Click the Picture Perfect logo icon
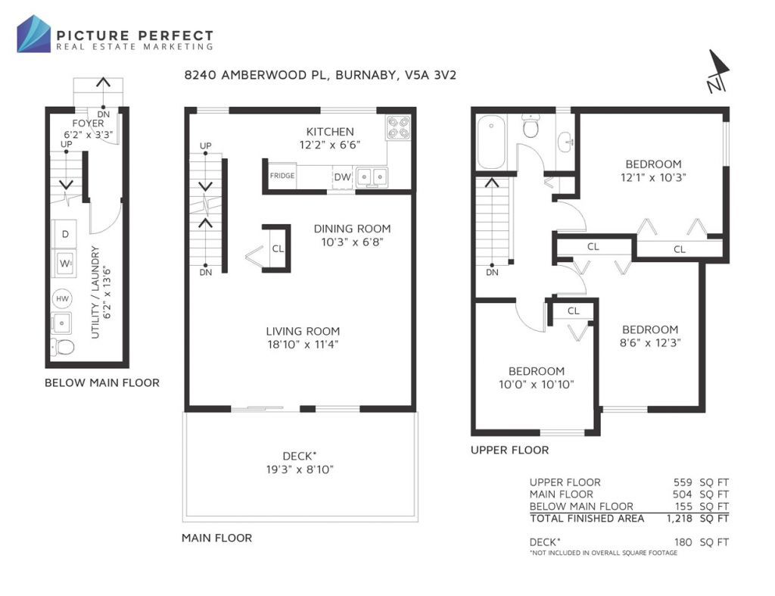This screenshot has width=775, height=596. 33,33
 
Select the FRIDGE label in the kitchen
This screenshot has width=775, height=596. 282,176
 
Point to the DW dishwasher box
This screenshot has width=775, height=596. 342,177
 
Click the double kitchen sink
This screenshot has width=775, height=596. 372,176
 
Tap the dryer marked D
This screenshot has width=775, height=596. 64,234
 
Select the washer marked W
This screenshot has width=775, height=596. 64,263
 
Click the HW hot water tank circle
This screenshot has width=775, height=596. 62,298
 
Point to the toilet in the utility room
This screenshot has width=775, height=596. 62,347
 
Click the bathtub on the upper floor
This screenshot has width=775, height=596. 491,142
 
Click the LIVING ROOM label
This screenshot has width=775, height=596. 303,332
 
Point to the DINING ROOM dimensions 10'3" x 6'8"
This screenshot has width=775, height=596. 353,242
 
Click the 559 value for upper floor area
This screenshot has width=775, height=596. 683,482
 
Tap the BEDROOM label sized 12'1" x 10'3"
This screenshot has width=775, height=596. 653,164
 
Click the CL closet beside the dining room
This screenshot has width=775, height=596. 278,248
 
